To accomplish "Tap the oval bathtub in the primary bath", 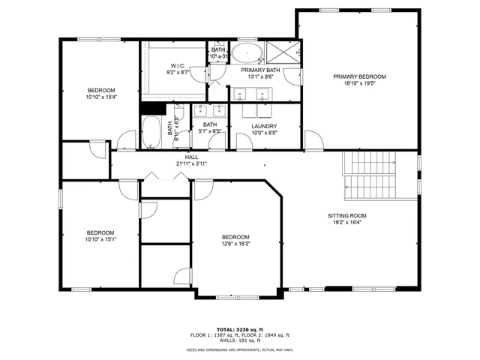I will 246,53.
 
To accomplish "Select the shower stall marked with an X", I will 282,53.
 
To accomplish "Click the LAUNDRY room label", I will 264,126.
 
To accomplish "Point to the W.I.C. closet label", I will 178,65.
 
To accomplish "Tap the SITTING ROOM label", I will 346,215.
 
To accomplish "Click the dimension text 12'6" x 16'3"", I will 235,244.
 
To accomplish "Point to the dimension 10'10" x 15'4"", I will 100,97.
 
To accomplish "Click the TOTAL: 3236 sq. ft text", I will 239,329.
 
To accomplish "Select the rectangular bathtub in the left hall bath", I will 151,132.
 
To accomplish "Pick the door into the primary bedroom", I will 314,140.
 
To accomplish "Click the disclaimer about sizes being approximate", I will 239,349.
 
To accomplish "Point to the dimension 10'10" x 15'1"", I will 100,239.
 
